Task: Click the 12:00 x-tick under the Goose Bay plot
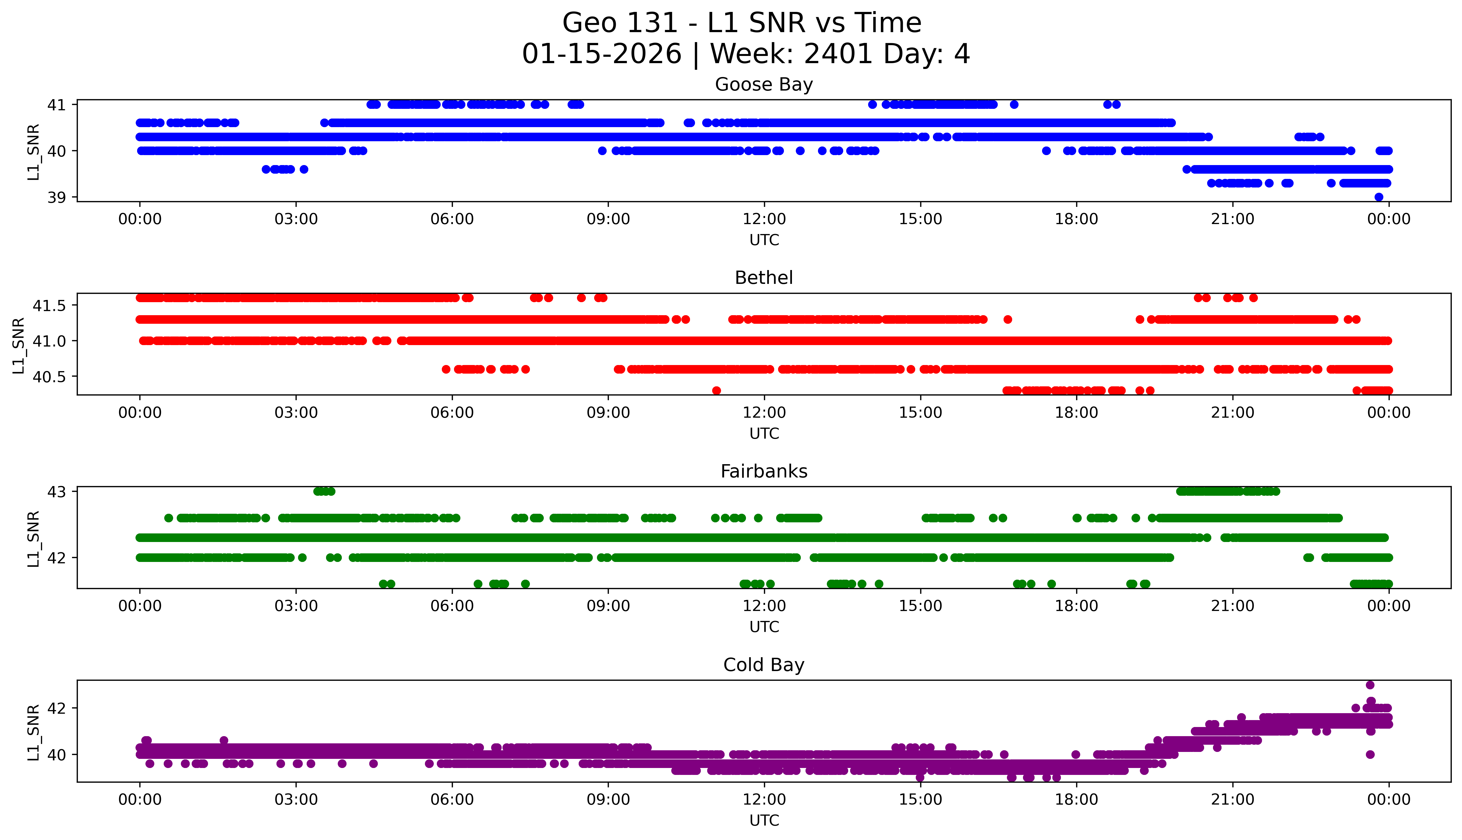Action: (764, 219)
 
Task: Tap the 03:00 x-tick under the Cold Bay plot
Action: (296, 800)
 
